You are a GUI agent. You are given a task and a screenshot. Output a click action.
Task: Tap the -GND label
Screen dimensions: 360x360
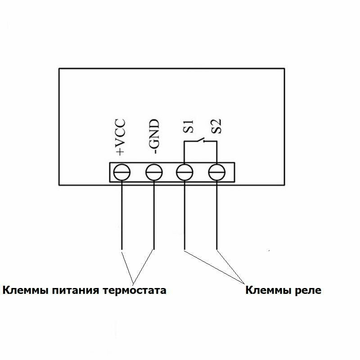pyautogui.click(x=154, y=137)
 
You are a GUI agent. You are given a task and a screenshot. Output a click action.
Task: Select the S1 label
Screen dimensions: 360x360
pyautogui.click(x=188, y=126)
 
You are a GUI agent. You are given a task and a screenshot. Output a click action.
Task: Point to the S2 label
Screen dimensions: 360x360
pyautogui.click(x=218, y=126)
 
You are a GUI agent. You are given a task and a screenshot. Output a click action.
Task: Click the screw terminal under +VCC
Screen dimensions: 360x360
pyautogui.click(x=122, y=172)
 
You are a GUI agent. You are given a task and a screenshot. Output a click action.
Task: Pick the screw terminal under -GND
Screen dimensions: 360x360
pyautogui.click(x=154, y=172)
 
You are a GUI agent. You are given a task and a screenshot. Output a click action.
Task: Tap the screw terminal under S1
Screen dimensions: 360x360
pyautogui.click(x=185, y=172)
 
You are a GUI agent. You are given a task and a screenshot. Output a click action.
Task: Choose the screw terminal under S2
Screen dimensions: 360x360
pyautogui.click(x=217, y=172)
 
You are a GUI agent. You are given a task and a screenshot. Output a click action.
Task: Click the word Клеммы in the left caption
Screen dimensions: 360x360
pyautogui.click(x=25, y=290)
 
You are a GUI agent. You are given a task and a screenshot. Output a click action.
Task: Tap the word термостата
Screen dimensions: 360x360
pyautogui.click(x=135, y=290)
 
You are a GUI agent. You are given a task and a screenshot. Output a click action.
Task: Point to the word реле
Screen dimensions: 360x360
pyautogui.click(x=308, y=290)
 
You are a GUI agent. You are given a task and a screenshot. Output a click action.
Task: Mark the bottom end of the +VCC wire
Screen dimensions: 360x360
pyautogui.click(x=122, y=249)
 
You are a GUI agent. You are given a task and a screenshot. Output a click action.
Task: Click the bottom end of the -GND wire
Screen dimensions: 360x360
pyautogui.click(x=154, y=249)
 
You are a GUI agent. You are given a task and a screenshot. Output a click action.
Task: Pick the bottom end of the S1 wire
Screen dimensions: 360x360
pyautogui.click(x=185, y=249)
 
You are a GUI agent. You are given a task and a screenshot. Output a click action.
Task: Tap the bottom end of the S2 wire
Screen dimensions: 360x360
pyautogui.click(x=217, y=249)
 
